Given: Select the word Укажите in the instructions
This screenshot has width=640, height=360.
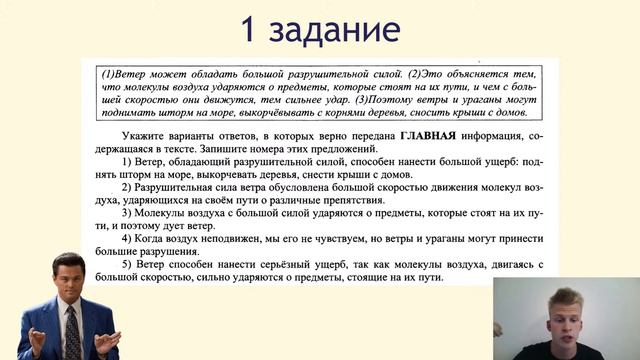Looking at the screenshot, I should (x=141, y=135).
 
